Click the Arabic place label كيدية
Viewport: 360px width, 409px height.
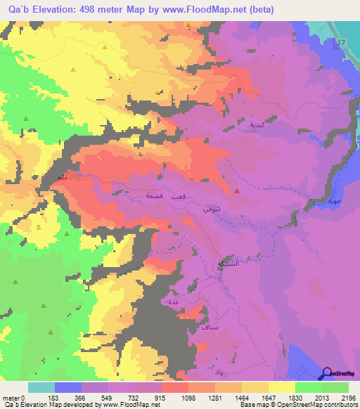coord(257,124)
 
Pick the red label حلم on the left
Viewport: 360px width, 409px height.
coord(63,178)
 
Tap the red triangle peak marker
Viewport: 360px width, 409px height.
coord(238,190)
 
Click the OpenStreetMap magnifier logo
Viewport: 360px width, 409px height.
coord(328,374)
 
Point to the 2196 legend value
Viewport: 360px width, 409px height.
coord(347,397)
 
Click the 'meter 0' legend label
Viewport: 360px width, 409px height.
coord(13,397)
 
